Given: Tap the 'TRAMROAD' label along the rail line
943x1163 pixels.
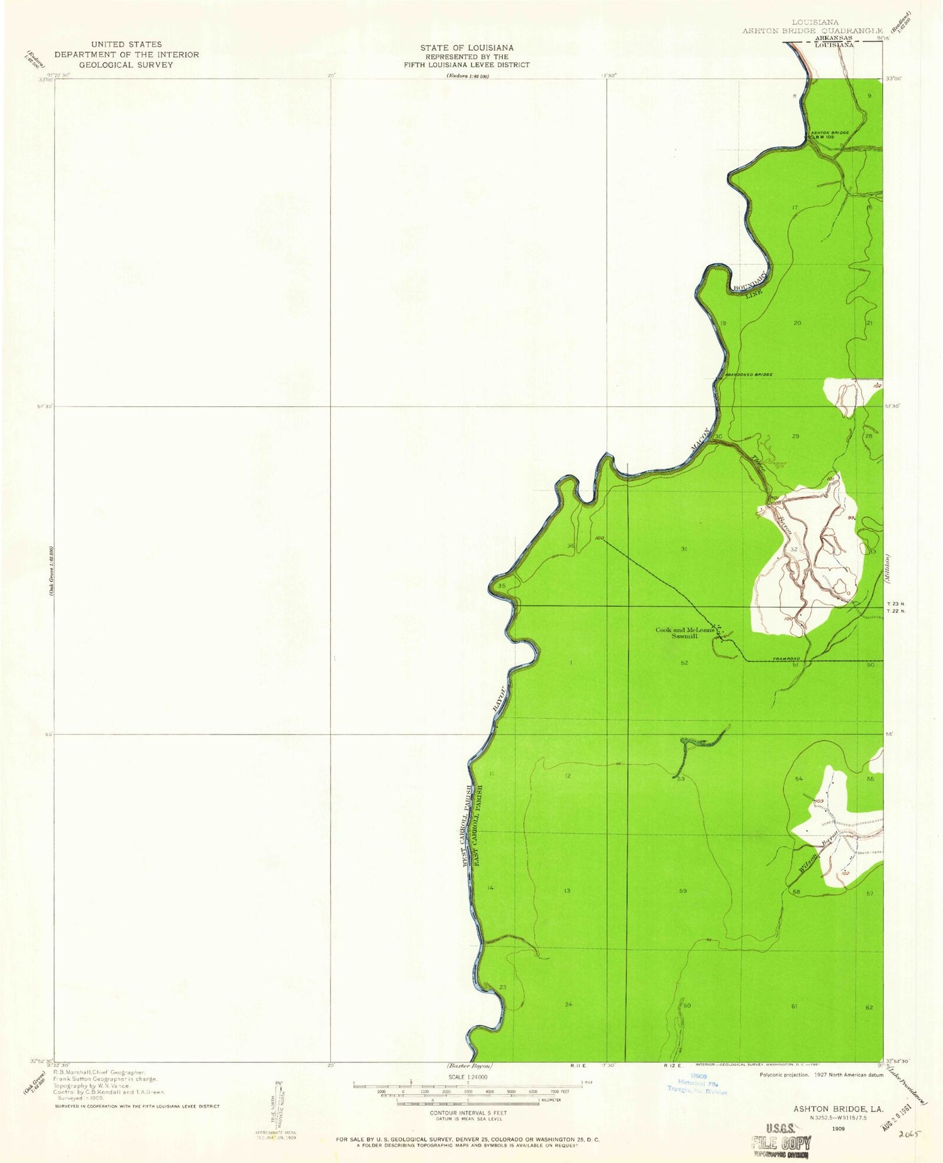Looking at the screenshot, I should [x=786, y=659].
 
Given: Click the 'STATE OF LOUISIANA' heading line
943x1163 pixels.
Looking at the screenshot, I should [x=466, y=48].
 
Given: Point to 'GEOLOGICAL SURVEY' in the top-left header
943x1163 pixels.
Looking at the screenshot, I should [x=126, y=65].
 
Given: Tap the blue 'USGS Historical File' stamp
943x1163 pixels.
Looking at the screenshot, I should [x=697, y=1084].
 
